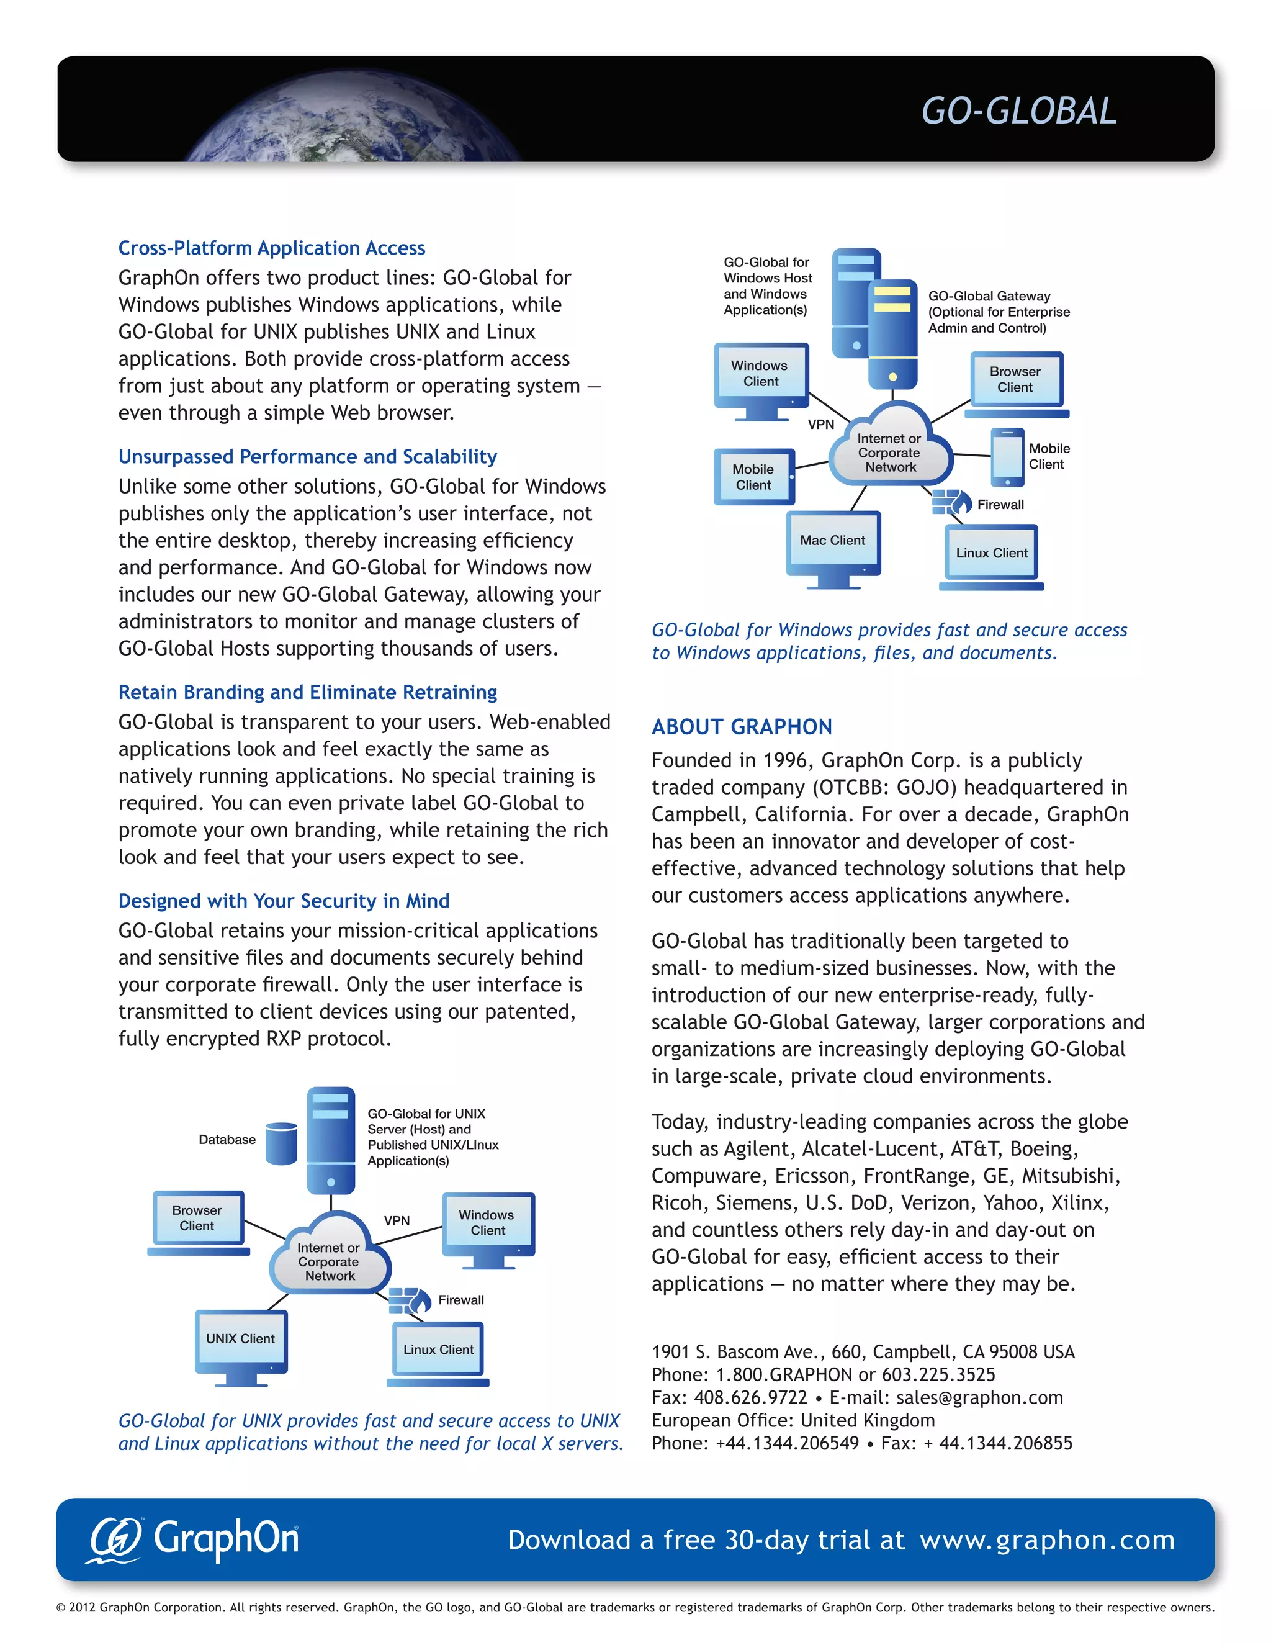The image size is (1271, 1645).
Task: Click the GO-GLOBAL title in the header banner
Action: [x=1019, y=112]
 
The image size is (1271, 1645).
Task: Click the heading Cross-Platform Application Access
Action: [x=272, y=248]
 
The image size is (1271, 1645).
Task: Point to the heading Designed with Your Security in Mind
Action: [x=284, y=901]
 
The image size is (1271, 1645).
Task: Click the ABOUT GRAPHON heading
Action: [x=742, y=727]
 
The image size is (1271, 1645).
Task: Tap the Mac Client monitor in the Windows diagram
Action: [x=833, y=543]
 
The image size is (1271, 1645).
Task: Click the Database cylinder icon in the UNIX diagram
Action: [x=282, y=1143]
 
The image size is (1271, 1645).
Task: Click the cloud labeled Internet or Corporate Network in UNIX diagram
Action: [x=330, y=1256]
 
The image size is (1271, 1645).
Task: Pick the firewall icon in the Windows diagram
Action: [x=950, y=501]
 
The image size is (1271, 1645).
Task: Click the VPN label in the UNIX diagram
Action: [x=397, y=1220]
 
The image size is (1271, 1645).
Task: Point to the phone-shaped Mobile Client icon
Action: [x=1007, y=457]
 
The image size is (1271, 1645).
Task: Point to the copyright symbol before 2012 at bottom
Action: [x=61, y=1607]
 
